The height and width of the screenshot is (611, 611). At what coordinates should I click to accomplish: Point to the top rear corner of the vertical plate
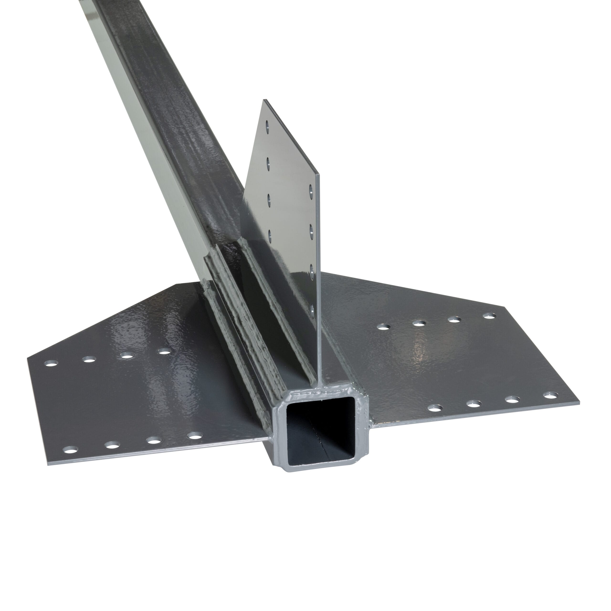[x=264, y=100]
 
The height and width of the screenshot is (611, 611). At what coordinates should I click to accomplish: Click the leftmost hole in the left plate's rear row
[x=52, y=363]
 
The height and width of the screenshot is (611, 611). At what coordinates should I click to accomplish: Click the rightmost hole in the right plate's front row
[x=551, y=395]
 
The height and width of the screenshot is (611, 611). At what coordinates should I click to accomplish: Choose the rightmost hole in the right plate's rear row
[x=489, y=316]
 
